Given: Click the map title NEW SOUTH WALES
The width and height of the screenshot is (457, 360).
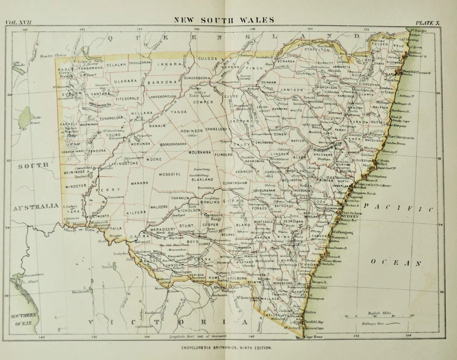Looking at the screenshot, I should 224,20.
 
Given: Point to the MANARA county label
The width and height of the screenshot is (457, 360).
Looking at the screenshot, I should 139,183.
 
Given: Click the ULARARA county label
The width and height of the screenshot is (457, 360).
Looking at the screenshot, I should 125,81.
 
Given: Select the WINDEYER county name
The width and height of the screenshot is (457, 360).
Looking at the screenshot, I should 77,186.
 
